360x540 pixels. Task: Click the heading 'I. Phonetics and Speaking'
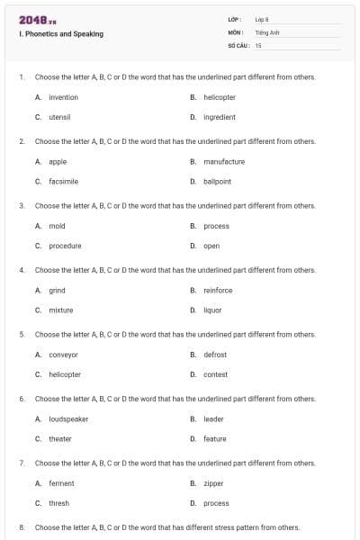(61, 34)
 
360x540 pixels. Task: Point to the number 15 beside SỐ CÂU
(258, 44)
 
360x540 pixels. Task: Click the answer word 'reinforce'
(218, 291)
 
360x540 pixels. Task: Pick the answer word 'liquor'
(212, 310)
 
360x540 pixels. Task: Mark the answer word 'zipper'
(213, 483)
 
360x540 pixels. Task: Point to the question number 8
(22, 527)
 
